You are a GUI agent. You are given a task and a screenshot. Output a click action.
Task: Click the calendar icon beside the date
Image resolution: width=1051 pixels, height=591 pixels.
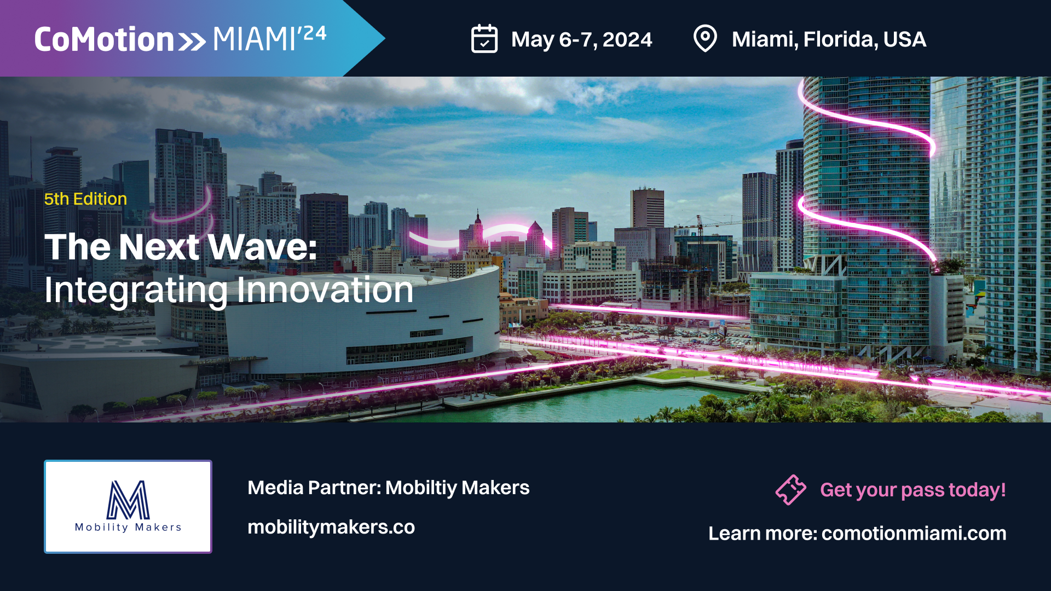coord(484,39)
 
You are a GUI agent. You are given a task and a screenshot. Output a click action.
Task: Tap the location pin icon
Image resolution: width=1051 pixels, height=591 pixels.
coord(705,39)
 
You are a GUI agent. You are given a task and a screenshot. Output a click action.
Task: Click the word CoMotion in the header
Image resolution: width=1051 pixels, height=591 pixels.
coord(104,39)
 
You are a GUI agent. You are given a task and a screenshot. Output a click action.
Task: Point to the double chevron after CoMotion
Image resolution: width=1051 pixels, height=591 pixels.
coord(192,42)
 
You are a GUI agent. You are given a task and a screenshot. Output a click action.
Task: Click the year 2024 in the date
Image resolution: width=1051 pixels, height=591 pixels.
coord(627,39)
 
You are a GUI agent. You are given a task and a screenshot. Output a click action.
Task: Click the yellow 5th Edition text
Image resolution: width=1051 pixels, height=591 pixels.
coord(85,199)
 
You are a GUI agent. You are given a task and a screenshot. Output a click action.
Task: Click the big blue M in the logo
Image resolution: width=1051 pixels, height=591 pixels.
coord(128,500)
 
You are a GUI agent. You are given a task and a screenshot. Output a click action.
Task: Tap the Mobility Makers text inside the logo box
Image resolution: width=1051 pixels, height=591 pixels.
coord(128,527)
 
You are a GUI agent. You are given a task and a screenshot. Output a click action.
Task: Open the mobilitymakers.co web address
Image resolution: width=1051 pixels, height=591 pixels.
coord(331,527)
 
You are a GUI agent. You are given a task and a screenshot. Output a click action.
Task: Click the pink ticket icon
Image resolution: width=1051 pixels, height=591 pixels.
coord(790,489)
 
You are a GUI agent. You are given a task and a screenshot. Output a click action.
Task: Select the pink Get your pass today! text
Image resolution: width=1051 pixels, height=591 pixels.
coord(913,490)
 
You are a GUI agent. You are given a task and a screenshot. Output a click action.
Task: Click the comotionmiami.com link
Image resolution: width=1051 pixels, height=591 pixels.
coord(914,533)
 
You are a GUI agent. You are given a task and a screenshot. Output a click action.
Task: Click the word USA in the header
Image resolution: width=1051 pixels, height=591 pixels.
coord(905,39)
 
